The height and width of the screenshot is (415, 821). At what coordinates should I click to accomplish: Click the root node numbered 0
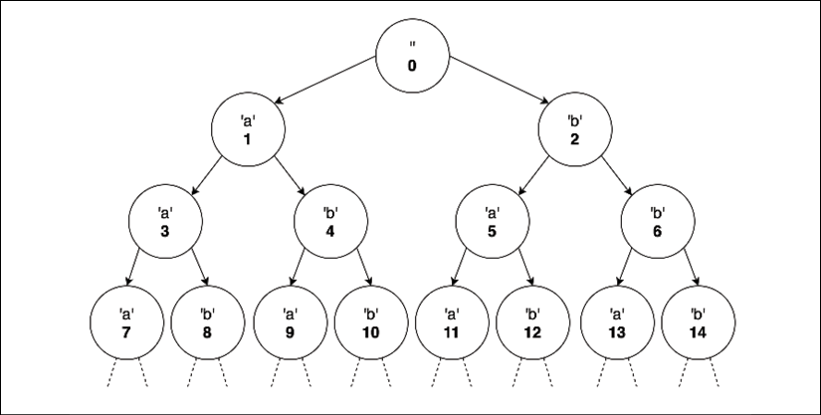click(411, 55)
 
